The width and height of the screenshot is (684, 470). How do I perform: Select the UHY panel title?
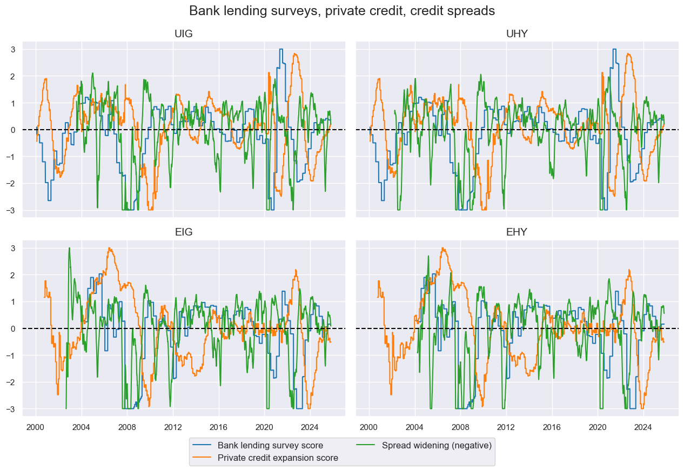click(517, 34)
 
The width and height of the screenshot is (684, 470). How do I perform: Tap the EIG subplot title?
click(184, 233)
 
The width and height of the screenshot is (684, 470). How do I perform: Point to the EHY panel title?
click(517, 233)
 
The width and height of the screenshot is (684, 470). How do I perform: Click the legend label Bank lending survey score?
click(270, 446)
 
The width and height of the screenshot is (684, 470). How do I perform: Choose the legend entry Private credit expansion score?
click(278, 458)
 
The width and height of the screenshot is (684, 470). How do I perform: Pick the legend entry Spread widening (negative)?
click(437, 446)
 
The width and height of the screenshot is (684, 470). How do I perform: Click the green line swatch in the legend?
click(366, 446)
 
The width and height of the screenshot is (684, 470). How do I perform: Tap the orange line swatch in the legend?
click(202, 458)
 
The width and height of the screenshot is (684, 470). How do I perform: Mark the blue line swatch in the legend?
click(202, 446)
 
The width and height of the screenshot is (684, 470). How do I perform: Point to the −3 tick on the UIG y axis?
click(13, 210)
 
